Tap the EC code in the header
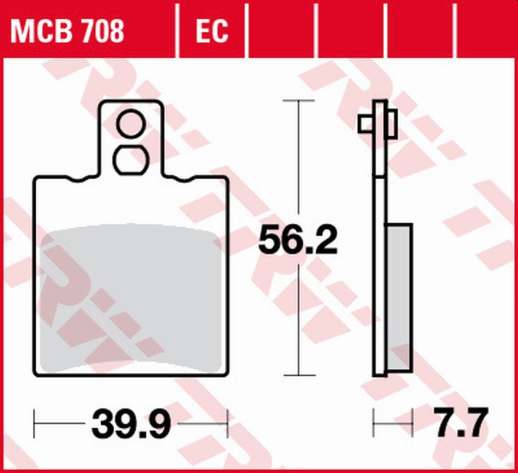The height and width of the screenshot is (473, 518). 210,32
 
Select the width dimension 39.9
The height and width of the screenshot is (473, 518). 132,425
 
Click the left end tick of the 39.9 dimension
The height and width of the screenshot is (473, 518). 35,424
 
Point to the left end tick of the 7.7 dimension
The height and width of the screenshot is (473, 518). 374,424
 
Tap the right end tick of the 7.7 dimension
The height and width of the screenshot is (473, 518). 411,424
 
